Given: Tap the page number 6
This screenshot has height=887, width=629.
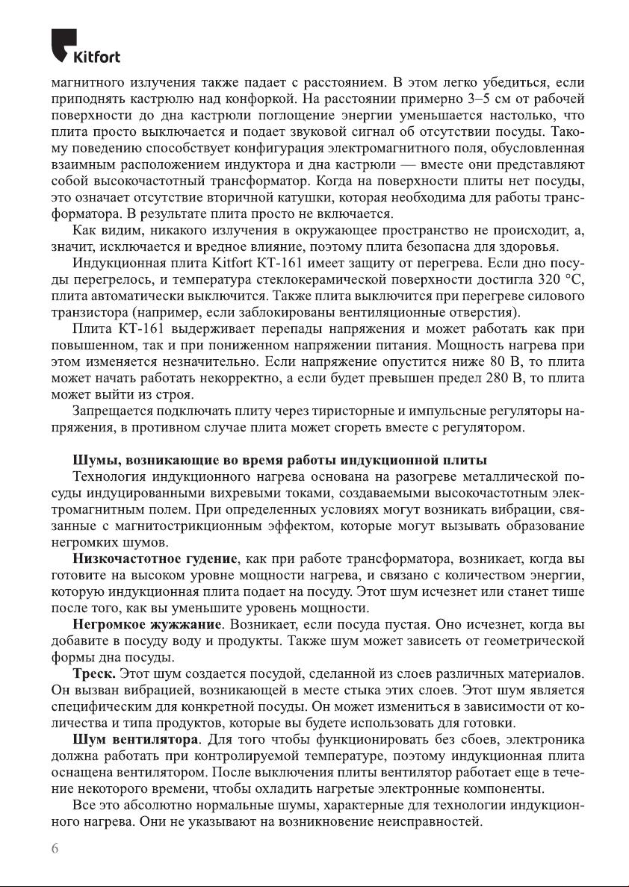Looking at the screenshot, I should point(55,848).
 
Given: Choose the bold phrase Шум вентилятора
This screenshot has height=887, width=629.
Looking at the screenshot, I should point(135,740).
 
